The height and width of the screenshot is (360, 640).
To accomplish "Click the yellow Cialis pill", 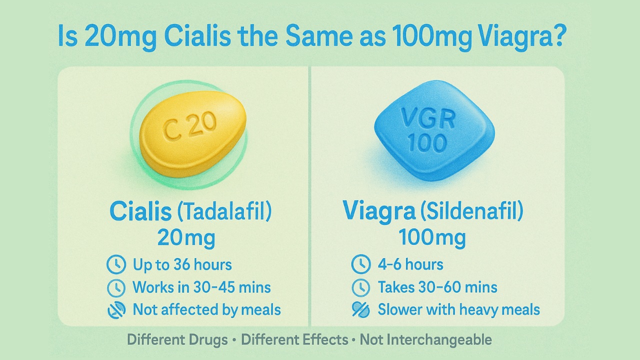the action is click(x=192, y=133).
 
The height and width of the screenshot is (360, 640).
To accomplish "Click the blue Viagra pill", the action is click(x=434, y=130).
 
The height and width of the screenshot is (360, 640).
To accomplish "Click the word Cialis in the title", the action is click(x=197, y=36).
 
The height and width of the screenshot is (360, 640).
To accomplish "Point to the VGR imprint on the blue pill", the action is click(x=428, y=118).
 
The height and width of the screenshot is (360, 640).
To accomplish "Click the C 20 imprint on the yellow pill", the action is click(x=189, y=125).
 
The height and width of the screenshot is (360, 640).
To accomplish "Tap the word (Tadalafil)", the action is click(x=224, y=211).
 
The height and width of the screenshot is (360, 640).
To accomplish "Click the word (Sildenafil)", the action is click(x=471, y=211).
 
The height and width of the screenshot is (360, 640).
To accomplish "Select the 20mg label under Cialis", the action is click(x=186, y=238).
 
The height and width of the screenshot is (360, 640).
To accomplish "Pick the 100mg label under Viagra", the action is click(x=432, y=237).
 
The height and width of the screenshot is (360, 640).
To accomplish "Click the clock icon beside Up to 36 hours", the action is click(x=116, y=264).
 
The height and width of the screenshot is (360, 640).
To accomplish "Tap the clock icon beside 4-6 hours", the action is click(x=361, y=264).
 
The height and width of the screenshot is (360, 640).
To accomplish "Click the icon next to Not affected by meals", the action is click(x=116, y=310).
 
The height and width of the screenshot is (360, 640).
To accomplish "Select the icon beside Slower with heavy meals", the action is click(x=361, y=309).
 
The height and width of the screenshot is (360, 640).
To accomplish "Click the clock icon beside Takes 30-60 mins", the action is click(x=361, y=287).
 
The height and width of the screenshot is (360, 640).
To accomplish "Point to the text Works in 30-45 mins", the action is click(x=201, y=287).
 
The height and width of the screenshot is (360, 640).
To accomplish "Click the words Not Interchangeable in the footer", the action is click(x=425, y=340).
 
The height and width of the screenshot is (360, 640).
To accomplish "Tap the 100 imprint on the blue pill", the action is click(x=427, y=142).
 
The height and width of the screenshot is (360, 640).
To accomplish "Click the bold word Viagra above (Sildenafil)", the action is click(x=379, y=211).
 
